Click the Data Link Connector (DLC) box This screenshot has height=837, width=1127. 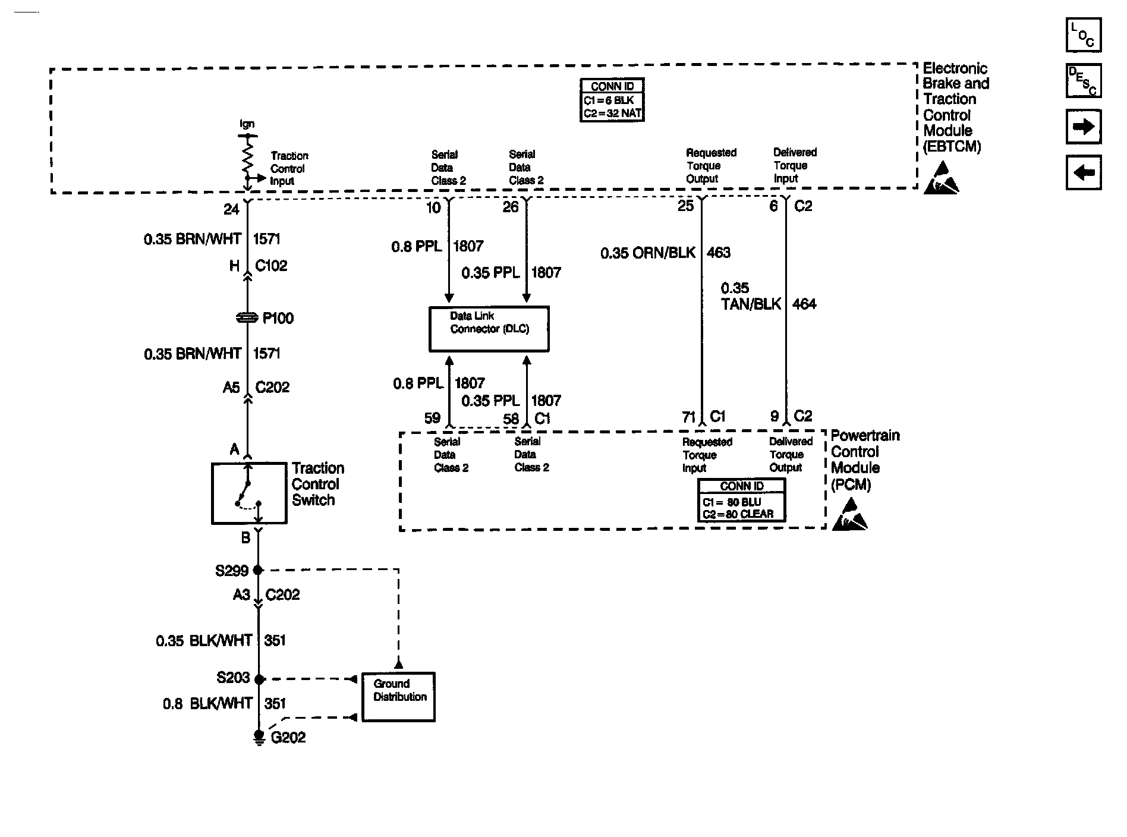click(489, 329)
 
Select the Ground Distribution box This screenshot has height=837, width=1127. click(398, 697)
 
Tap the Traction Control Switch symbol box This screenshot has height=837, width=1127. click(249, 493)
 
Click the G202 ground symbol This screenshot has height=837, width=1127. click(259, 737)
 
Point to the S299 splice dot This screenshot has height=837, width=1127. click(258, 570)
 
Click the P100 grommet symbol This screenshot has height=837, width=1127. click(247, 319)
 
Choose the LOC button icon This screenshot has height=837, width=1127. click(1083, 35)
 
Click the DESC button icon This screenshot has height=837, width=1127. click(1083, 80)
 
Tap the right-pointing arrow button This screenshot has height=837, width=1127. click(1083, 126)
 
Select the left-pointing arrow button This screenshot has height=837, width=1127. click(1083, 172)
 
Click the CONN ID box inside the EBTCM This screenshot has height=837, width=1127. click(612, 100)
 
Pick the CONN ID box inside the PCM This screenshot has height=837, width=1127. click(741, 501)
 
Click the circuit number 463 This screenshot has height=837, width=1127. click(719, 253)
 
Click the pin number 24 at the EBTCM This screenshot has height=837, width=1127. click(231, 209)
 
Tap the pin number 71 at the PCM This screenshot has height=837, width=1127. click(689, 417)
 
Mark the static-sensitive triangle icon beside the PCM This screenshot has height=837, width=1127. click(850, 515)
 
